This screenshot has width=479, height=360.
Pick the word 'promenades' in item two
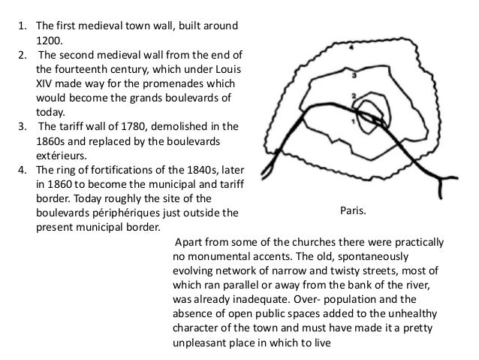(174, 83)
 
